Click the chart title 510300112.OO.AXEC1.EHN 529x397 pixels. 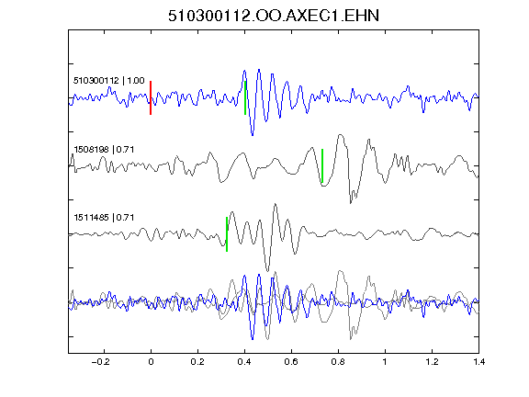[x=274, y=16]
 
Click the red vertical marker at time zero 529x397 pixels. [x=151, y=98]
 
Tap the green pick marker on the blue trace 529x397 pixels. [x=245, y=98]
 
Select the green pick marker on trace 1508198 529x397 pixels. [x=322, y=165]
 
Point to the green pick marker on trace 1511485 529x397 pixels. [x=227, y=234]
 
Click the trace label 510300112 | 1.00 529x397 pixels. [x=109, y=81]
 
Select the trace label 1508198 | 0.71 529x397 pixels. [x=104, y=149]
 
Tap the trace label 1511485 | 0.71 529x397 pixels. [x=104, y=218]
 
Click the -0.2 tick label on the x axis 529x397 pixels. [x=101, y=362]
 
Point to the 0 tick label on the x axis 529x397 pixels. [x=151, y=362]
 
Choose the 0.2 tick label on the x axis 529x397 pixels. [x=197, y=362]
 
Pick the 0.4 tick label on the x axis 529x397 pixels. [x=244, y=362]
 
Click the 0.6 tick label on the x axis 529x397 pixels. [x=291, y=362]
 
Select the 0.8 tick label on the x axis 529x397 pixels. [x=338, y=362]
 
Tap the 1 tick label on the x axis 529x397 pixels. [x=385, y=362]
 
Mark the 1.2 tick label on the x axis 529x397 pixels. [x=432, y=362]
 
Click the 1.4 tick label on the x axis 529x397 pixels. [x=478, y=362]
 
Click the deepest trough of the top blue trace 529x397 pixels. [x=253, y=135]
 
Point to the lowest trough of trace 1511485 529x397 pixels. [x=268, y=271]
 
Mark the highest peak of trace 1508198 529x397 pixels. [x=341, y=135]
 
